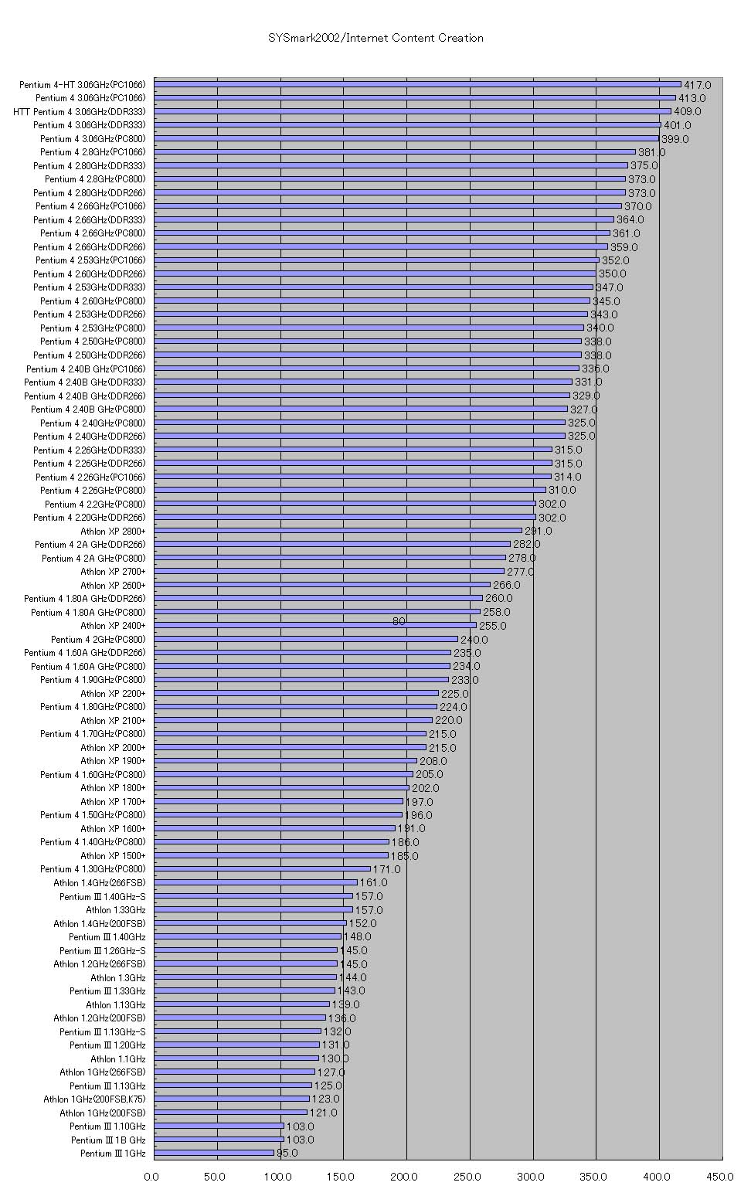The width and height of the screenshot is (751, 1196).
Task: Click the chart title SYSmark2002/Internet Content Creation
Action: [x=375, y=38]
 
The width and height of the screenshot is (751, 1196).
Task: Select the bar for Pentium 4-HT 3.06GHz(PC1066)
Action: [x=417, y=84]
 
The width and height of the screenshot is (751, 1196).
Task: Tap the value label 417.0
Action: [x=697, y=85]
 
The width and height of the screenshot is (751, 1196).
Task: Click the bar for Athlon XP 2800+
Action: [x=338, y=531]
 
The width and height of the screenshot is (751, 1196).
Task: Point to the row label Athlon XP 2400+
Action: [x=113, y=626]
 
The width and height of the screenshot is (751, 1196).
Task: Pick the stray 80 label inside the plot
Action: [x=399, y=621]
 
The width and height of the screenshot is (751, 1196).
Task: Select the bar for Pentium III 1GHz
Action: [x=214, y=1153]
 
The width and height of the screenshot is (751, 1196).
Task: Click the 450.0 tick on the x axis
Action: [x=720, y=1177]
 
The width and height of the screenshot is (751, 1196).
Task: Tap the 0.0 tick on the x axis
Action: [x=151, y=1177]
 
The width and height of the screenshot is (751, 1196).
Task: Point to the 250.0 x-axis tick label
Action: [x=467, y=1177]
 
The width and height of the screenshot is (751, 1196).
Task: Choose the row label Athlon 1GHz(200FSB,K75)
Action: [x=94, y=1099]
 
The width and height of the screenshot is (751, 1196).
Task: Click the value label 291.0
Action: [x=539, y=531]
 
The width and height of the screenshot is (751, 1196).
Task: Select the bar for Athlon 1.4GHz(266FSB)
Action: [x=256, y=882]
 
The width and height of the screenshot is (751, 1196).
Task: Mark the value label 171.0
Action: [x=386, y=869]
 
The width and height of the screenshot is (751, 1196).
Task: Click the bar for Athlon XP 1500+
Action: [x=271, y=855]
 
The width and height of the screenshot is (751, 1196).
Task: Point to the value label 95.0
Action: [x=287, y=1154]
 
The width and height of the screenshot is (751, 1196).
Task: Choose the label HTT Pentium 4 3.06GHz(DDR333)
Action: [x=79, y=112]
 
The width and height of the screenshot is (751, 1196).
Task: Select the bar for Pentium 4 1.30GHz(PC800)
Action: [x=262, y=869]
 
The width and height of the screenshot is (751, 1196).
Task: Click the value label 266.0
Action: [x=507, y=585]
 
